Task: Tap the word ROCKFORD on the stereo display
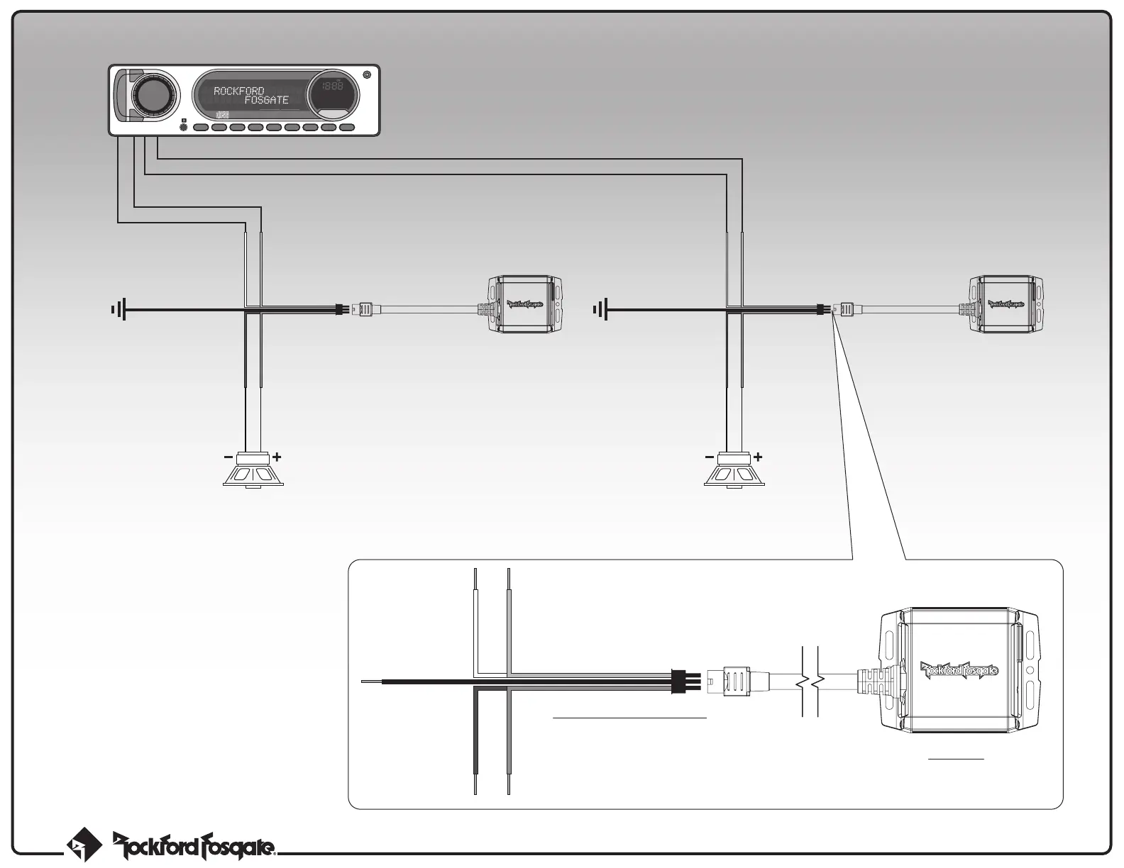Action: (x=238, y=91)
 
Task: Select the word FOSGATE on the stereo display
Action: (x=266, y=101)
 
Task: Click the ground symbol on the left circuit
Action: (x=118, y=309)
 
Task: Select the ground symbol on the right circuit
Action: (x=600, y=309)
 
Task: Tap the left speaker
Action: (x=253, y=472)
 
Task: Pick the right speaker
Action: (x=734, y=472)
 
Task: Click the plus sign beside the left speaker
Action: (x=277, y=457)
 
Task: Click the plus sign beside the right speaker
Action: (x=758, y=457)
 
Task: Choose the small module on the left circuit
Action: (x=526, y=304)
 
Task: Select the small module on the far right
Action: (x=1007, y=304)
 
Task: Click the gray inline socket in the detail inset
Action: (x=735, y=681)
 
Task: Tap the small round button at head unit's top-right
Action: (x=366, y=75)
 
